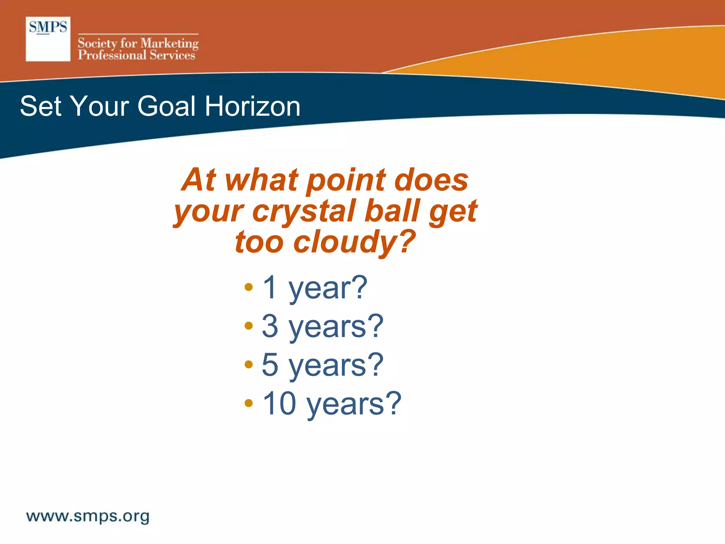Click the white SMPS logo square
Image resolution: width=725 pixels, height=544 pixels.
[48, 39]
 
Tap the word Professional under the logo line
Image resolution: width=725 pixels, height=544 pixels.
[112, 55]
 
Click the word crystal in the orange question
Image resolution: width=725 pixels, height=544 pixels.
[304, 211]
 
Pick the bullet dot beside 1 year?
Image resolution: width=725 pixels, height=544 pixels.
[249, 287]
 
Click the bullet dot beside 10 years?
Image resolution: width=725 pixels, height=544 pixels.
[249, 403]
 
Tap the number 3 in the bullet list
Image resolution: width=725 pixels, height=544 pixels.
[270, 326]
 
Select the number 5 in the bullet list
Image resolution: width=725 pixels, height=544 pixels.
[270, 364]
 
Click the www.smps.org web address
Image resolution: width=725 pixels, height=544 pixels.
[88, 516]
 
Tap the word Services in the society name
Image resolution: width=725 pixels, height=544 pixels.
[172, 55]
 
